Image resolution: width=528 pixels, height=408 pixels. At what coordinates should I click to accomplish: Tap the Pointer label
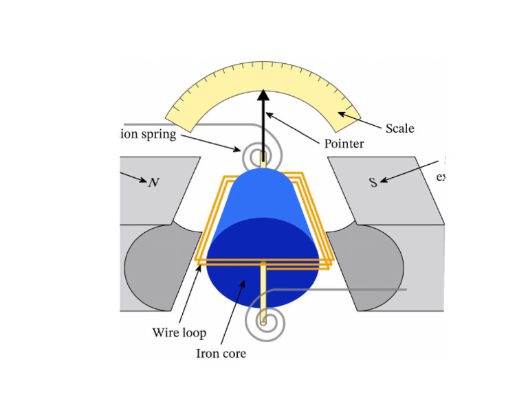(343, 144)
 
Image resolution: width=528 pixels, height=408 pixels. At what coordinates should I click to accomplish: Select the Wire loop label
(179, 333)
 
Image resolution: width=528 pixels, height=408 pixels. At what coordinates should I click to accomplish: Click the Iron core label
(221, 354)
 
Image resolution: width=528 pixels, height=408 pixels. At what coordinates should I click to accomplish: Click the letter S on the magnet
(373, 183)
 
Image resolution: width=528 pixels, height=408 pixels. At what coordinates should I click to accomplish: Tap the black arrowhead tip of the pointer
(263, 95)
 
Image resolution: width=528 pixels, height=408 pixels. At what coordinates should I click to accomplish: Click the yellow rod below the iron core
(263, 288)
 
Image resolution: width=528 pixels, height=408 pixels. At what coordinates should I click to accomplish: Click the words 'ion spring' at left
(148, 134)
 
